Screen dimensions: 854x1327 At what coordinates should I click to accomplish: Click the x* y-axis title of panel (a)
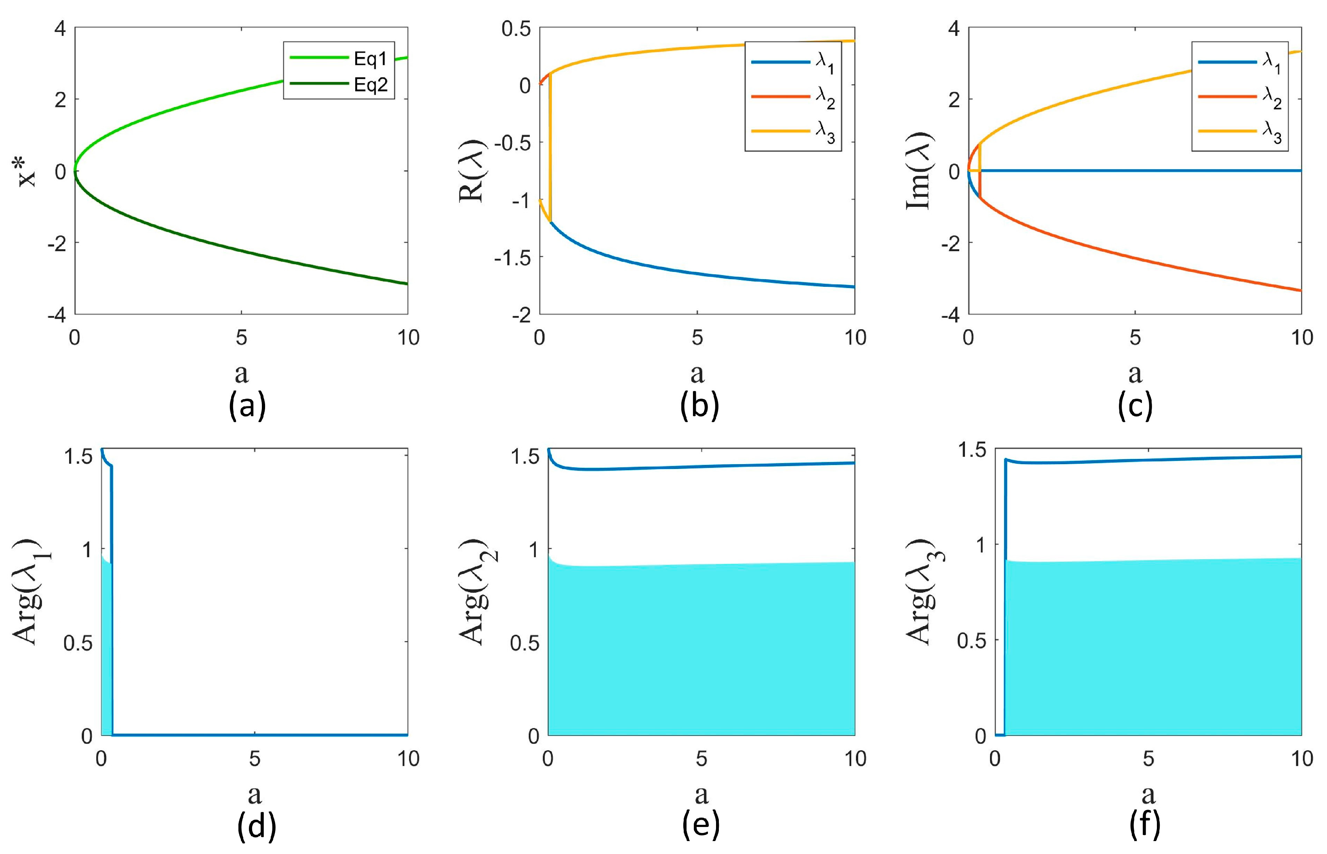point(27,171)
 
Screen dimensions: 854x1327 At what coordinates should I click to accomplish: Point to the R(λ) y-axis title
point(472,171)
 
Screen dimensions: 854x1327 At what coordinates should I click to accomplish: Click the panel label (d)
point(256,826)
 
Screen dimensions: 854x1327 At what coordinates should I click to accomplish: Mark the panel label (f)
point(1144,826)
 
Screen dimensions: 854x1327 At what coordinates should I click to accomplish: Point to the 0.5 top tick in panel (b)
point(516,28)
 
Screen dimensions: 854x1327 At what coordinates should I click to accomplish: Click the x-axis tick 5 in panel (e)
point(701,758)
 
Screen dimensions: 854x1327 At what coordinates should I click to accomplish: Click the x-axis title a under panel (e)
point(701,794)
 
